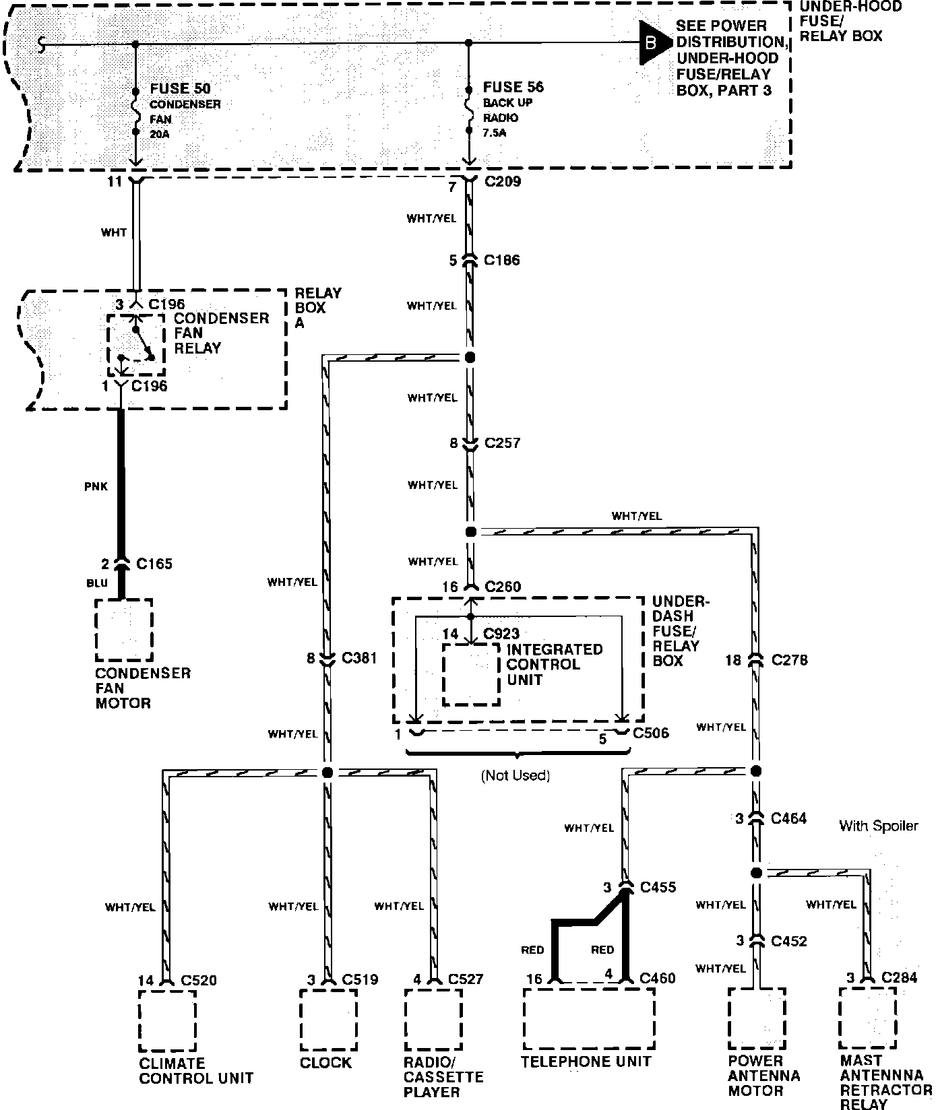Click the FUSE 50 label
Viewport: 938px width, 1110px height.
pyautogui.click(x=180, y=89)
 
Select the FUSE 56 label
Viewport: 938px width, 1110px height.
pyautogui.click(x=513, y=88)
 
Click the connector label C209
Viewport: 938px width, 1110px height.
pyautogui.click(x=502, y=181)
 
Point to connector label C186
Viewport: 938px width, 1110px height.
pyautogui.click(x=501, y=260)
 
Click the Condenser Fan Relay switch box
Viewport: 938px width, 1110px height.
pyautogui.click(x=136, y=345)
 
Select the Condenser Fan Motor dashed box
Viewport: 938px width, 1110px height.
pyautogui.click(x=124, y=630)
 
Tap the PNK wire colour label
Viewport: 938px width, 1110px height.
pyautogui.click(x=96, y=486)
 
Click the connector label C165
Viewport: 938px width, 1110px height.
pyautogui.click(x=154, y=563)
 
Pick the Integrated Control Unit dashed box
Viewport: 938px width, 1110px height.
pyautogui.click(x=471, y=674)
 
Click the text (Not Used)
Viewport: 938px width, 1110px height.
pyautogui.click(x=515, y=775)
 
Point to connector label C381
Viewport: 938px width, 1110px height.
pyautogui.click(x=359, y=658)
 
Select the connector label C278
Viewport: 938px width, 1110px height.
pyautogui.click(x=789, y=660)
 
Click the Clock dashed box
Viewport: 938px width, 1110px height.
pyautogui.click(x=328, y=1020)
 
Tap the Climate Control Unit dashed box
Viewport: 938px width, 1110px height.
pyautogui.click(x=167, y=1020)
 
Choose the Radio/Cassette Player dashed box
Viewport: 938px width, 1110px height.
pyautogui.click(x=433, y=1020)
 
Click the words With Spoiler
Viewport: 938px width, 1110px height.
pyautogui.click(x=878, y=826)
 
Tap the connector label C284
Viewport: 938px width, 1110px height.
pyautogui.click(x=899, y=977)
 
